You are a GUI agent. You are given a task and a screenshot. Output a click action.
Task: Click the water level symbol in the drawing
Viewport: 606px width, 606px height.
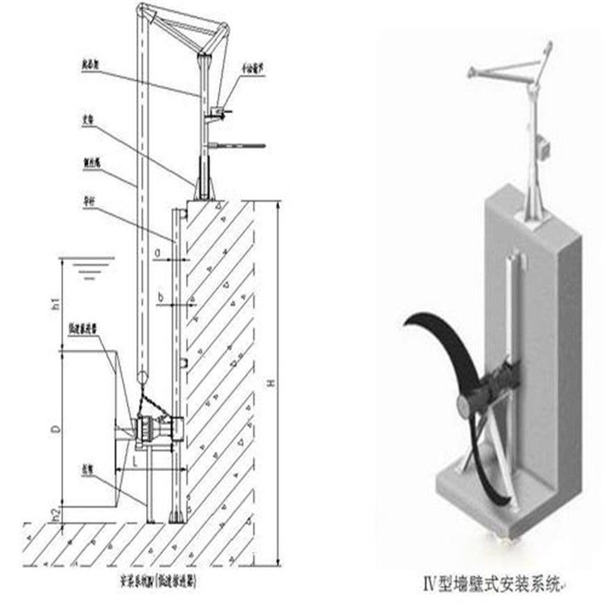88,267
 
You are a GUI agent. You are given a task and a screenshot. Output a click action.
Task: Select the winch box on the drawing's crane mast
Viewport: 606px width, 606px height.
217,109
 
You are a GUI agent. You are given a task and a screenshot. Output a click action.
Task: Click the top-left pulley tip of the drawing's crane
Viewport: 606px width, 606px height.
140,10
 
